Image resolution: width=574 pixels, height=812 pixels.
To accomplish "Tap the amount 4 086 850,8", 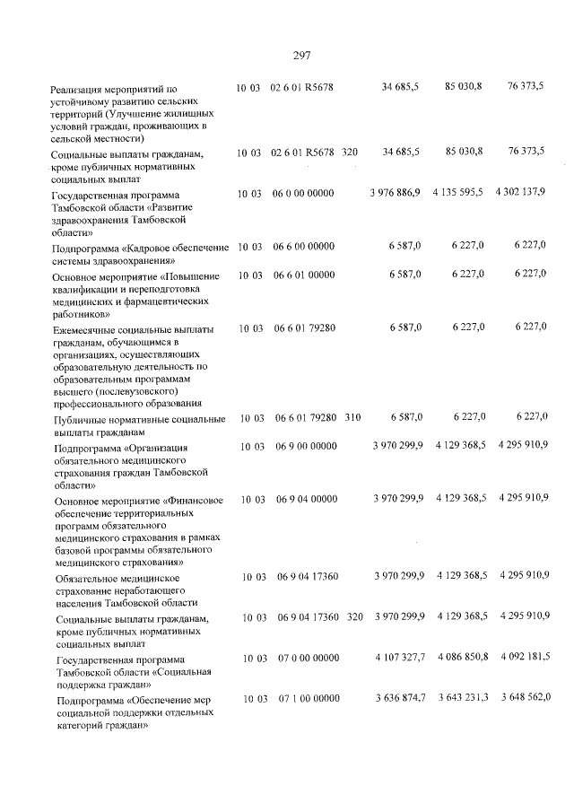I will click(x=460, y=657).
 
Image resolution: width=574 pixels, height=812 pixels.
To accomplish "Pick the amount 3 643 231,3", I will click(x=460, y=697).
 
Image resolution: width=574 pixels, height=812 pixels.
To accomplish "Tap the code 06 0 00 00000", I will click(x=305, y=194).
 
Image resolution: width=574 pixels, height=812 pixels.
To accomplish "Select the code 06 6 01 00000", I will click(x=305, y=275).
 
